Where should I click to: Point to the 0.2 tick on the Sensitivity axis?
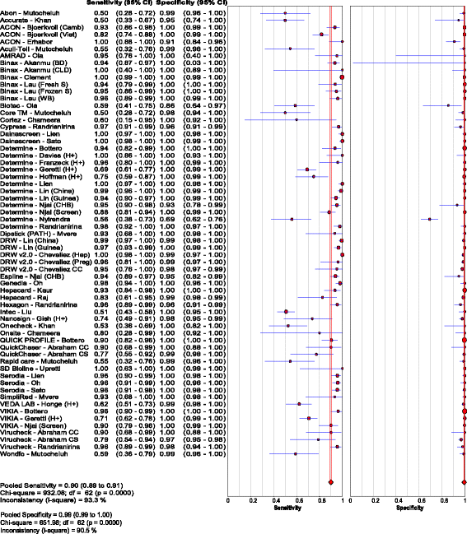(252, 499)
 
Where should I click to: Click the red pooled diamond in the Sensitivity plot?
(330, 481)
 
